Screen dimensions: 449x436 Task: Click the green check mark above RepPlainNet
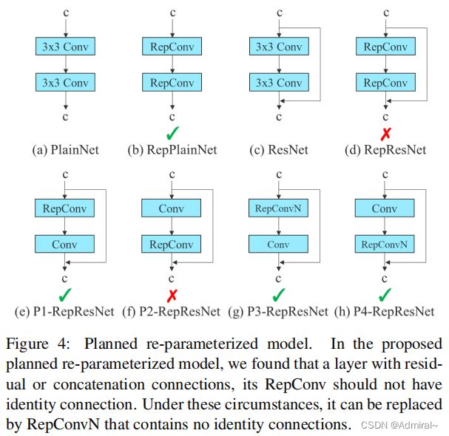[x=172, y=133]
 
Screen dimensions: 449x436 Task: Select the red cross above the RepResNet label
[x=385, y=134]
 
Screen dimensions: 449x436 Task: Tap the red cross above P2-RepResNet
[x=172, y=296]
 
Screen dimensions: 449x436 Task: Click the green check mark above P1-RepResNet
[x=65, y=295]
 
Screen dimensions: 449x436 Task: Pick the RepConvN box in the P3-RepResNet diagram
[x=278, y=208]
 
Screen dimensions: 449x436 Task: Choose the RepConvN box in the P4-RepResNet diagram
[x=385, y=245]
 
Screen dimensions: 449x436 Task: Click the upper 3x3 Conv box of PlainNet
[x=65, y=47]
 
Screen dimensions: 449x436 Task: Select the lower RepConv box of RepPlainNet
[x=172, y=82]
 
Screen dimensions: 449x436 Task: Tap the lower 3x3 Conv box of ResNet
[x=279, y=82]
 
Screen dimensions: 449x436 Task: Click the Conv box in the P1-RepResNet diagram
[x=64, y=245]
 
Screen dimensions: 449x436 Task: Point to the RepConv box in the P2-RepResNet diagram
[x=171, y=245]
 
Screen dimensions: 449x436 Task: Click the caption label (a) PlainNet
[x=65, y=150]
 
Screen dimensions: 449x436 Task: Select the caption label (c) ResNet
[x=279, y=150]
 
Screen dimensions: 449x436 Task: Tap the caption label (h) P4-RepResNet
[x=385, y=312]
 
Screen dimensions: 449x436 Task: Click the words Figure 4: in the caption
[x=38, y=344]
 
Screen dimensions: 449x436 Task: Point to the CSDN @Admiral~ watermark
[x=399, y=425]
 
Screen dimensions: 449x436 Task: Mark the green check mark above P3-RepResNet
[x=279, y=295]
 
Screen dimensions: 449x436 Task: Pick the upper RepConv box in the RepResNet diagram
[x=385, y=47]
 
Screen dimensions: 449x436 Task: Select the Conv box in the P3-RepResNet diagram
[x=278, y=245]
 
